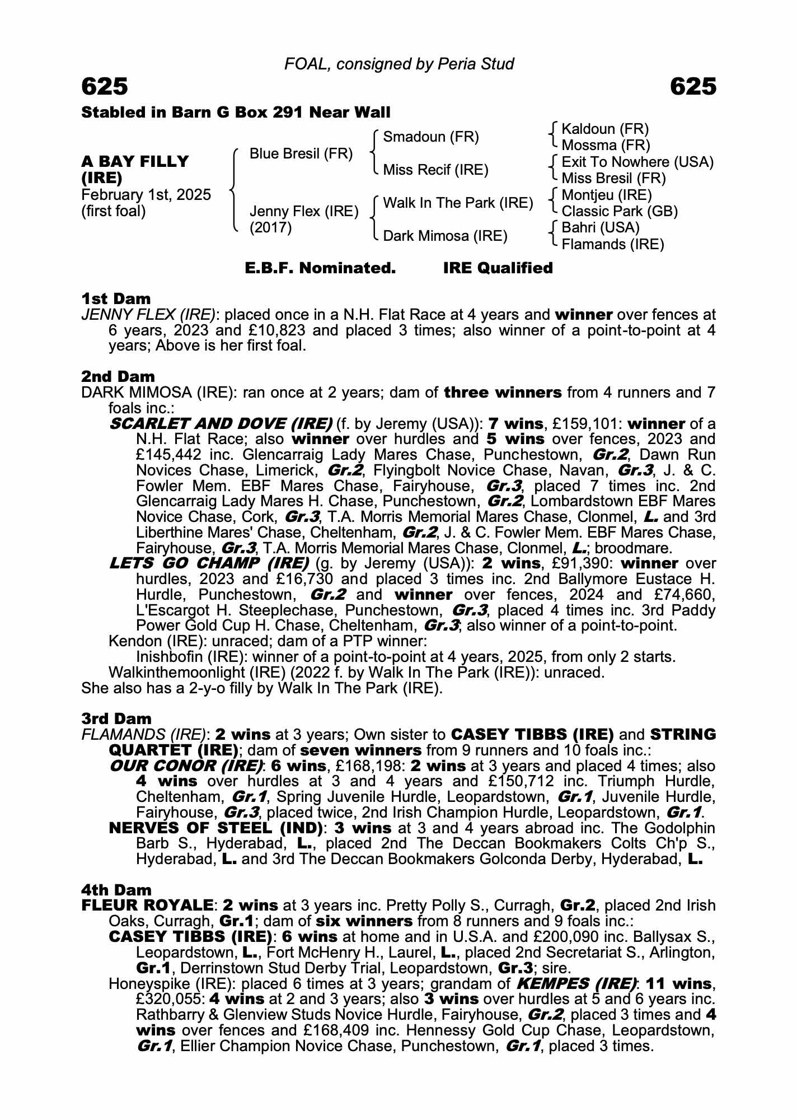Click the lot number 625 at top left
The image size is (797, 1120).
tap(105, 87)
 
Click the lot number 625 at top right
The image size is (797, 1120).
tap(692, 87)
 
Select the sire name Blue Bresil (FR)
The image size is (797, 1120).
tap(301, 153)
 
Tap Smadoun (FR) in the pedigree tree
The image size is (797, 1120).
tap(431, 137)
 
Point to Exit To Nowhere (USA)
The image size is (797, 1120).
tap(637, 162)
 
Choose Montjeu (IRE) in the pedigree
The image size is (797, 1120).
tap(607, 195)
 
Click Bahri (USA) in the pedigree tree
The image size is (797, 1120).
tap(600, 228)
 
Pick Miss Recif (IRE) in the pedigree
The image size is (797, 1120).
tap(435, 170)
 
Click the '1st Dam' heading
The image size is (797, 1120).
tap(116, 298)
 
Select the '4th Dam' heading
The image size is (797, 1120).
tap(116, 890)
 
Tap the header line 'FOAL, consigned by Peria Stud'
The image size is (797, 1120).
tap(399, 64)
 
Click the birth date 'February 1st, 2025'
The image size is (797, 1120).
tap(146, 195)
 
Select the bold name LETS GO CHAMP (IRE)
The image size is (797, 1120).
tap(209, 563)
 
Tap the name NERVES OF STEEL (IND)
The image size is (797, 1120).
tap(215, 828)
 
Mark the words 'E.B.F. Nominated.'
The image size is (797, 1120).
tap(320, 268)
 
